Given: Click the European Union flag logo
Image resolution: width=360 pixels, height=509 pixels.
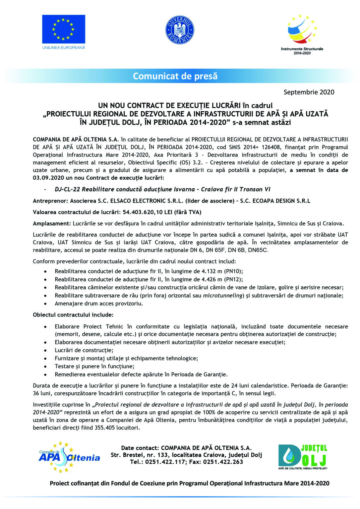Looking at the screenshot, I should click(63, 29).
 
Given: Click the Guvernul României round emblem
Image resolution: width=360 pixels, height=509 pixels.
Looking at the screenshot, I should click(179, 30).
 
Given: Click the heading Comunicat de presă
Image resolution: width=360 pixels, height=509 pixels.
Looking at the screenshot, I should click(175, 76).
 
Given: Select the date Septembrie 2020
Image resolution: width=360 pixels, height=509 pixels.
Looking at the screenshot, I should click(309, 92).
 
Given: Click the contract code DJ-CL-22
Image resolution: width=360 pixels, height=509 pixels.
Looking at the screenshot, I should click(67, 189).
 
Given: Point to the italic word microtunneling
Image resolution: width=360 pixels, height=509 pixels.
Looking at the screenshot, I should click(222, 296).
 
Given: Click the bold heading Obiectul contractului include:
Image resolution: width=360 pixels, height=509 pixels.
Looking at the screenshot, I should click(73, 315).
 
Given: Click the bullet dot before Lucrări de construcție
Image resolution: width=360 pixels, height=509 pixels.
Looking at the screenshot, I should click(45, 350).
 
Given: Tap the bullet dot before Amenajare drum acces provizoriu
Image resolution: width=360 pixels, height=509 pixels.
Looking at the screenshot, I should click(45, 304).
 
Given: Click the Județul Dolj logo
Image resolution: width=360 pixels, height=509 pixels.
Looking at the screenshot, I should click(302, 457).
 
